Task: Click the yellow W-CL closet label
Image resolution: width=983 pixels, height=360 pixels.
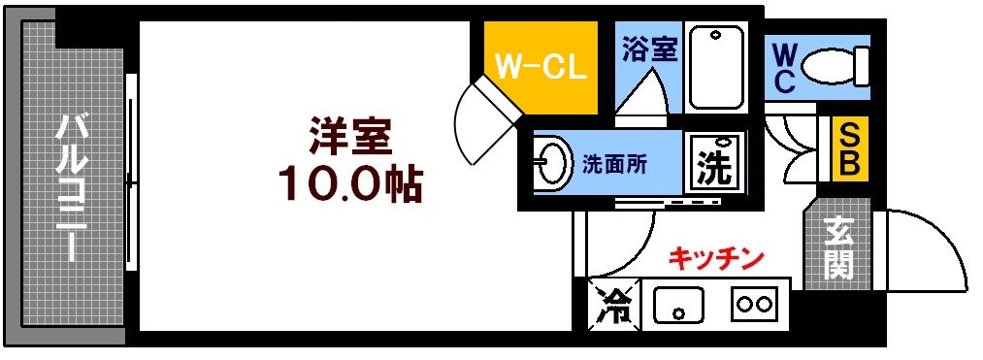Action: [539, 68]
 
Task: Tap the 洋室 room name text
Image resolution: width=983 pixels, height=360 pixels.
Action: [350, 138]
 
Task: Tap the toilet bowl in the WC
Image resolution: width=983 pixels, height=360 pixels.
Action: [835, 67]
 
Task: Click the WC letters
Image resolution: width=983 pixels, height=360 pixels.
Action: [785, 66]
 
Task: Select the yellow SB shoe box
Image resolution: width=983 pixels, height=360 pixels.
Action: [849, 147]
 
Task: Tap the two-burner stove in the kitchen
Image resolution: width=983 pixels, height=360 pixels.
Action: [756, 304]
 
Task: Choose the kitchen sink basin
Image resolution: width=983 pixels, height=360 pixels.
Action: [679, 306]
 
